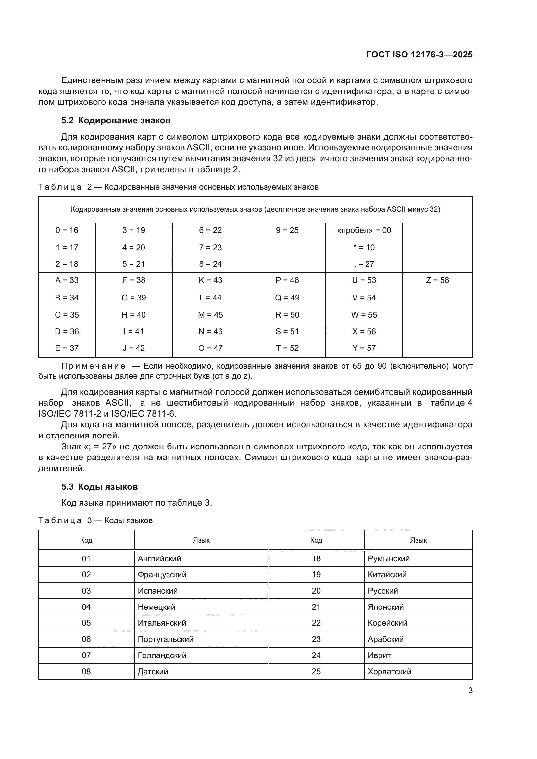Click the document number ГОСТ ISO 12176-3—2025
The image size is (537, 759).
[419, 55]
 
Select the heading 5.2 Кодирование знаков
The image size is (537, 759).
[116, 120]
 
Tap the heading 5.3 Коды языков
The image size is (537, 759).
[99, 487]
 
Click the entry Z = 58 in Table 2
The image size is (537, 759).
[437, 280]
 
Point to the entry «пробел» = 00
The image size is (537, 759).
[364, 230]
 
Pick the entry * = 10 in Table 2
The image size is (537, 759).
[364, 248]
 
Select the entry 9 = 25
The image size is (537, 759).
[287, 230]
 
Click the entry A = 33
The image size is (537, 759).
[67, 280]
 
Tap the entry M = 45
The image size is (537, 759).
[210, 315]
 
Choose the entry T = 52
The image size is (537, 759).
[287, 348]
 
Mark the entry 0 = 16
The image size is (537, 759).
[67, 230]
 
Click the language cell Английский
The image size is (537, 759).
[159, 559]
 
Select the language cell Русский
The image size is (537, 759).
[382, 591]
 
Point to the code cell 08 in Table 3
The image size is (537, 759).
[86, 671]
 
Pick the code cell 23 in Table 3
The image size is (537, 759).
[316, 639]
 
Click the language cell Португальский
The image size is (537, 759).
[165, 639]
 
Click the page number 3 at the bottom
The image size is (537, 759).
[470, 690]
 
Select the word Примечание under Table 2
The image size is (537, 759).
[93, 366]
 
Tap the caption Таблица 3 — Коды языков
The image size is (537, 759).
[95, 520]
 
